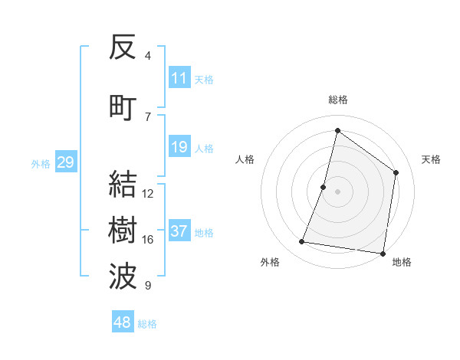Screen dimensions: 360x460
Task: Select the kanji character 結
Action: click(123, 184)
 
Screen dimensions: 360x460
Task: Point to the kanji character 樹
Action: click(123, 231)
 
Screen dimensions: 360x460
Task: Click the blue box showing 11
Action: click(179, 78)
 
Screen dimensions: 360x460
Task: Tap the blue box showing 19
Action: click(179, 147)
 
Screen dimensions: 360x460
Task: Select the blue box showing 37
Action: click(179, 231)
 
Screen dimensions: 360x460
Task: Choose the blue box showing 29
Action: click(65, 162)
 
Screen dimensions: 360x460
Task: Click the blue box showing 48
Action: click(123, 322)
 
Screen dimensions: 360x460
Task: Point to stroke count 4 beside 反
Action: click(148, 55)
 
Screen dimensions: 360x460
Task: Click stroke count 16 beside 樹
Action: click(148, 240)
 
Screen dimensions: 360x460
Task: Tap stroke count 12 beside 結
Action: click(148, 194)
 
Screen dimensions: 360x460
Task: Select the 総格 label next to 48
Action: click(147, 324)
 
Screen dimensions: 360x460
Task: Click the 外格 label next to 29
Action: click(41, 163)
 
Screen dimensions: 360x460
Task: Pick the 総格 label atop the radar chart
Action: click(338, 100)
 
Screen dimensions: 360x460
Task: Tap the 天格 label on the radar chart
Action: click(432, 159)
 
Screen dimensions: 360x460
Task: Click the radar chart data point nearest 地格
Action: click(383, 254)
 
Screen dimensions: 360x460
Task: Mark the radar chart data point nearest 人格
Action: click(324, 187)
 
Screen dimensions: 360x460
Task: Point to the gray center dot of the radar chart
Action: click(337, 191)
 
